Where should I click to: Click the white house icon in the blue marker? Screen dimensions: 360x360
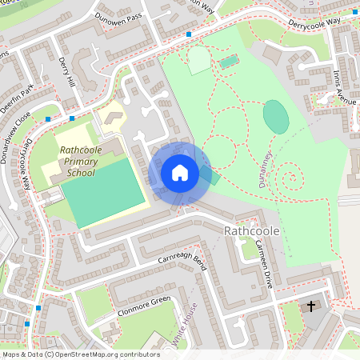(x=179, y=172)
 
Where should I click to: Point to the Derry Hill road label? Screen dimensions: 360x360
(x=70, y=73)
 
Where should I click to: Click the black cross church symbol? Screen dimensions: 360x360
(x=311, y=306)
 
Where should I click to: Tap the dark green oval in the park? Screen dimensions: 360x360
(x=275, y=117)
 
